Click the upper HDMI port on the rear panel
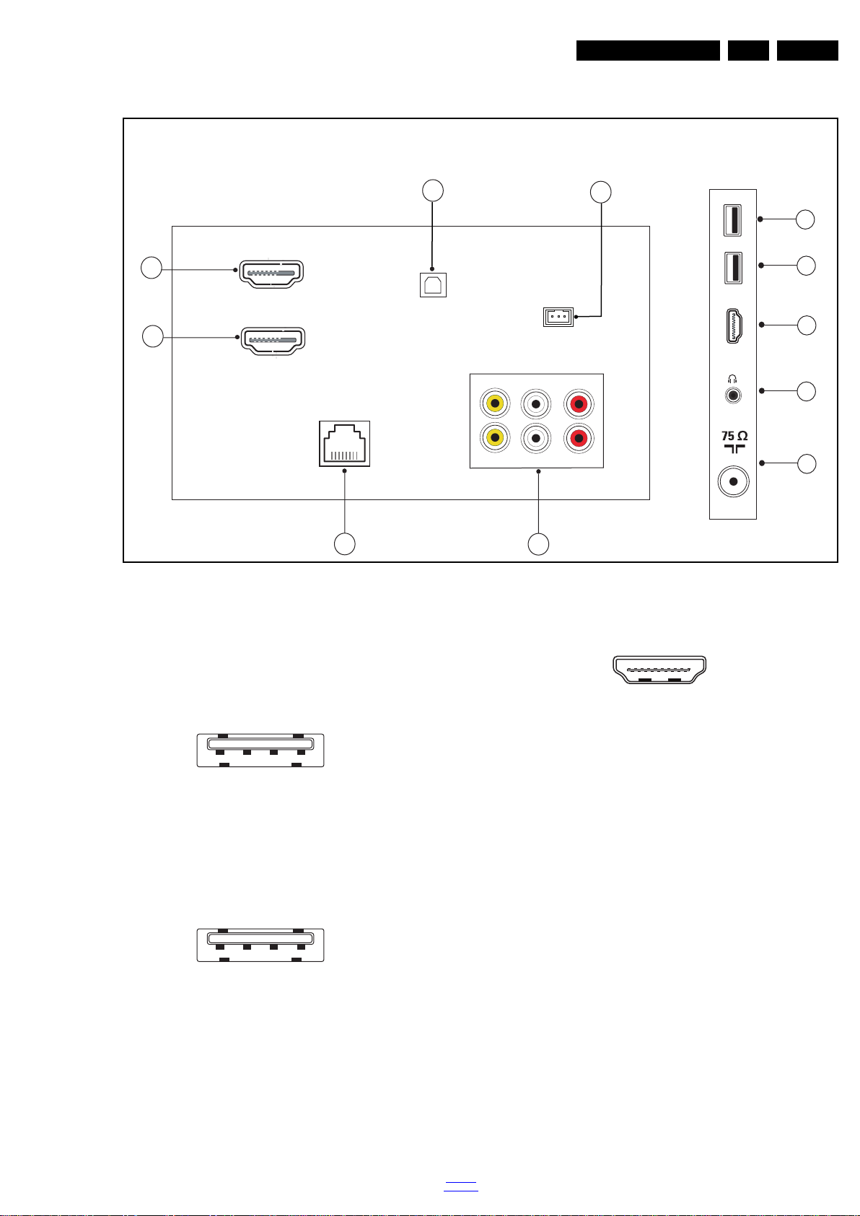tap(271, 274)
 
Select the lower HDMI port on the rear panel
tap(273, 341)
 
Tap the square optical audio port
tap(434, 284)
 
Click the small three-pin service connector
tap(558, 317)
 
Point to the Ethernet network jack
tap(345, 444)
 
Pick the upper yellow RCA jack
tap(496, 403)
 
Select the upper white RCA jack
tap(536, 403)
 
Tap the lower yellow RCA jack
tap(496, 438)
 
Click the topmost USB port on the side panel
tap(733, 220)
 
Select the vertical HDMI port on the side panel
tap(733, 326)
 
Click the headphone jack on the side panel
tap(733, 395)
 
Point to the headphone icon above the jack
tap(733, 379)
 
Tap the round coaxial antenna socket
tap(734, 481)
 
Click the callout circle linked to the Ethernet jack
tap(345, 544)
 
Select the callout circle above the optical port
tap(432, 191)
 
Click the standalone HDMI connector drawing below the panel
tap(659, 670)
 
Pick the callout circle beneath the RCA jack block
tap(538, 544)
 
